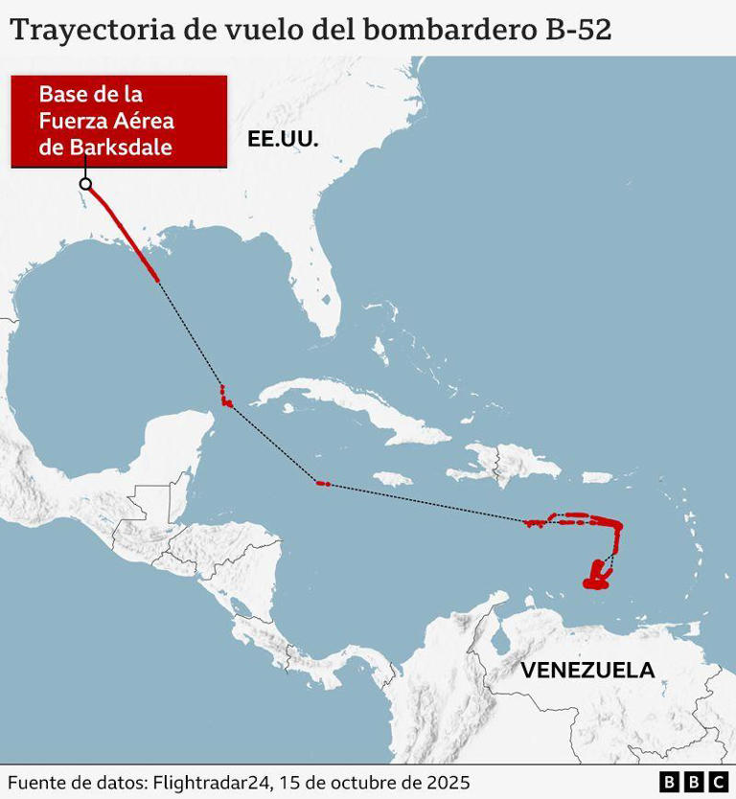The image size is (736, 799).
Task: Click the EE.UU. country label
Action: pos(282,139)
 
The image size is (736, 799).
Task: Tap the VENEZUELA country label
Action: pos(587,670)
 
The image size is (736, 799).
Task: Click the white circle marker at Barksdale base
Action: pos(85,184)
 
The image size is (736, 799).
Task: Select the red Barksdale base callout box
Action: pos(119,122)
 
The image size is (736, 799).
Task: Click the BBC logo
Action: pos(695,783)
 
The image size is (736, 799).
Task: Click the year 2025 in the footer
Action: pos(448,783)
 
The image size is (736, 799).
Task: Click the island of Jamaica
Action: pos(392,477)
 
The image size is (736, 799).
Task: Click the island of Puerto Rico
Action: pos(597,476)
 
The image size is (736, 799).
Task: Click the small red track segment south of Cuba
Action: pos(323,484)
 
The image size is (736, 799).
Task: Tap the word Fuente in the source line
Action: pos(36,783)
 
